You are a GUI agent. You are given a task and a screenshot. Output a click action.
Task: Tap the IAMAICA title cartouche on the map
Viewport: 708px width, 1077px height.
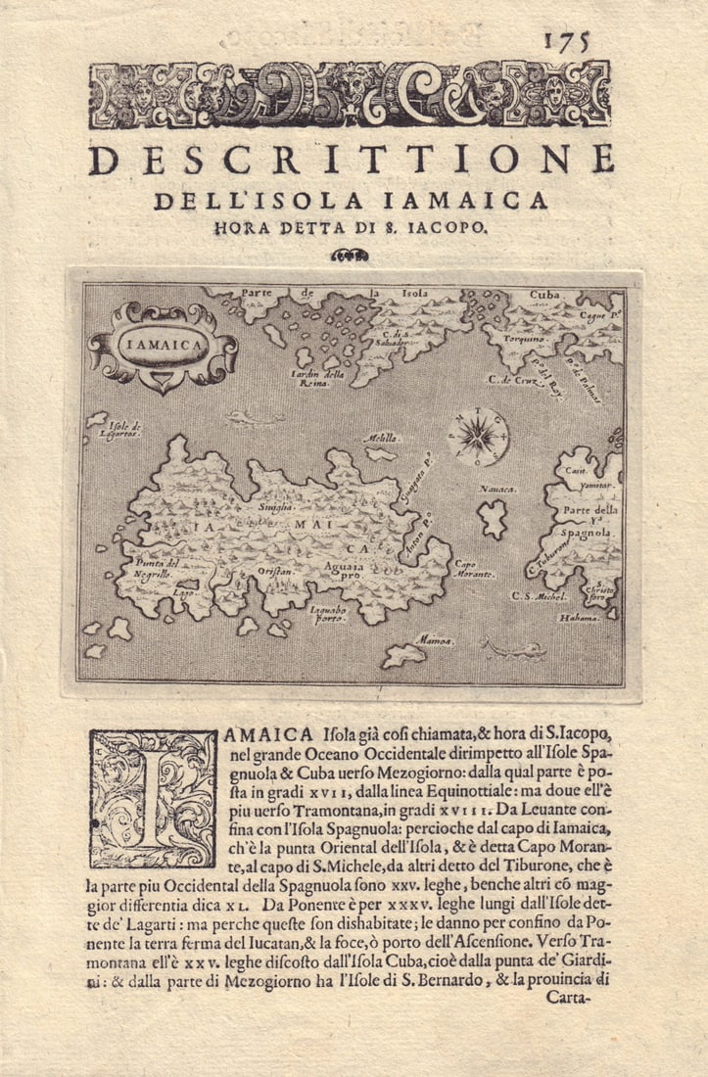(x=163, y=344)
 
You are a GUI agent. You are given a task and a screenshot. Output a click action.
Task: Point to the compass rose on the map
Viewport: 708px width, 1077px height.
(x=478, y=435)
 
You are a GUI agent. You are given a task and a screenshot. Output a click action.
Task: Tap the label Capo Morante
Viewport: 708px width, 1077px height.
(x=474, y=569)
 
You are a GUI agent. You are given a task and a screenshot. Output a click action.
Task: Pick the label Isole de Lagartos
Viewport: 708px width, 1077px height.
(x=124, y=429)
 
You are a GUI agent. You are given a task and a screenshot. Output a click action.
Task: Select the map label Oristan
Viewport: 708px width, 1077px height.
(x=272, y=568)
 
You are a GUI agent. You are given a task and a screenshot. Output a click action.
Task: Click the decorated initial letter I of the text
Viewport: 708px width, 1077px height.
(x=153, y=798)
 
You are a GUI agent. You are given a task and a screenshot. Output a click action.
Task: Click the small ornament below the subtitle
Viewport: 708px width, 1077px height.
(x=350, y=256)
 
